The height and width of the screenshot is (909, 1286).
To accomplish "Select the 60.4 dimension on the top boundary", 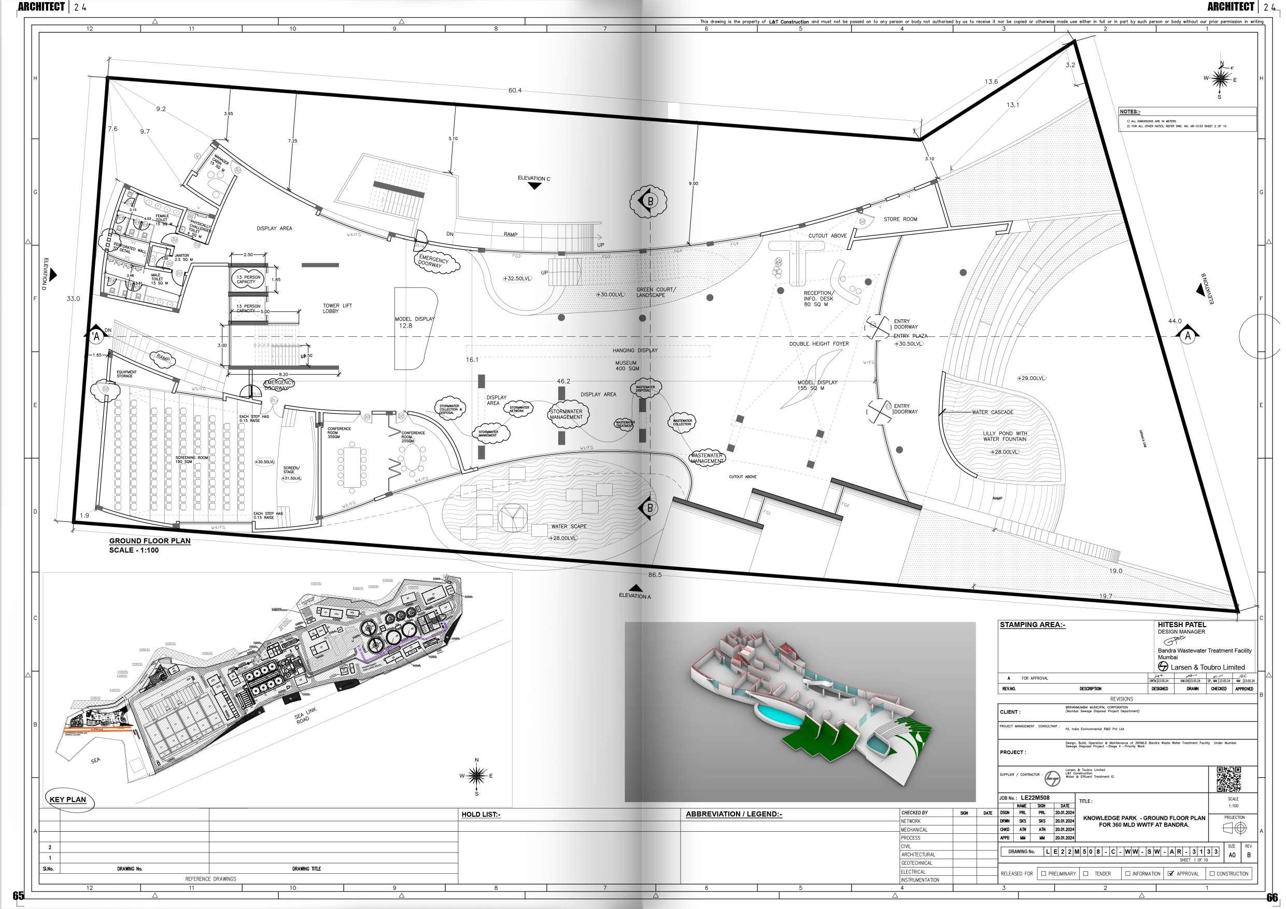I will [x=514, y=91].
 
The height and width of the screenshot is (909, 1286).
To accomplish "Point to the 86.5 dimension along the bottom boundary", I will [x=654, y=575].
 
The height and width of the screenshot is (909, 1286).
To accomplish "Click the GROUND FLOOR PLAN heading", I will [x=150, y=541].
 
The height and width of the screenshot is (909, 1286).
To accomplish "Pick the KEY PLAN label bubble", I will [x=68, y=799].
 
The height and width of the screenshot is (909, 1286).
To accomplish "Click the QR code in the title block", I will [x=1228, y=779].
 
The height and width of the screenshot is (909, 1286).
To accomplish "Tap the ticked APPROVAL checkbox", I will [x=1170, y=873].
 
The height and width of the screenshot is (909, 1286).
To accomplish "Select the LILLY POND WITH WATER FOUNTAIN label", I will [x=1005, y=436].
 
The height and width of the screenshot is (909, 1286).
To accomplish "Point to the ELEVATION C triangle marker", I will [x=534, y=186].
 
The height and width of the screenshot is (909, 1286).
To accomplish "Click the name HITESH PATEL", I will [x=1182, y=624].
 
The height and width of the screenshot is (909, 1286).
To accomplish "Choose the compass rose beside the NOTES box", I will [x=1220, y=79].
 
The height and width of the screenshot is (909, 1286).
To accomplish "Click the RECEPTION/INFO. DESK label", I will [x=818, y=299].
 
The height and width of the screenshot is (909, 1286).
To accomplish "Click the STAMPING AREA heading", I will [x=1032, y=625].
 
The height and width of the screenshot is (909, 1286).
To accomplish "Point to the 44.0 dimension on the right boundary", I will [x=1175, y=321].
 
